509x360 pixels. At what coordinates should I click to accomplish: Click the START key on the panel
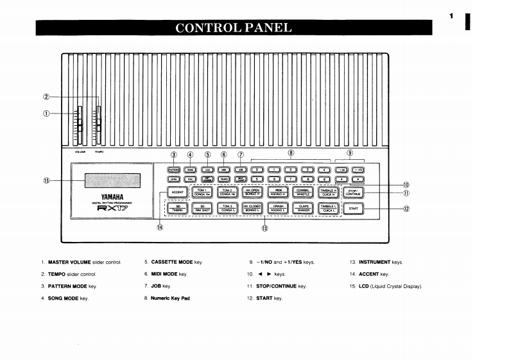[353, 208]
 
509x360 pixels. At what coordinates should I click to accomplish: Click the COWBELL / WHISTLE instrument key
[303, 192]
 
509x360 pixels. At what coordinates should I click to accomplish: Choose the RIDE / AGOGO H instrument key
[278, 192]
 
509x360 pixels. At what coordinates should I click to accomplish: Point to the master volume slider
[81, 122]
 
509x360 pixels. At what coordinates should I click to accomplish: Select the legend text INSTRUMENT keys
[381, 262]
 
